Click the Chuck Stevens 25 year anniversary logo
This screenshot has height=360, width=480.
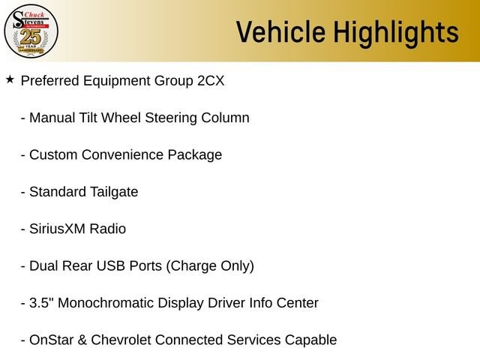(31, 31)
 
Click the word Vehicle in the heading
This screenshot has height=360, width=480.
(280, 31)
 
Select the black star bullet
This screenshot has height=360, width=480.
(10, 79)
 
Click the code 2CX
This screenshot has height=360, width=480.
(211, 81)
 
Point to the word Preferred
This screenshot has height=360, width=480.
(50, 81)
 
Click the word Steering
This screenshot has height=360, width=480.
(171, 118)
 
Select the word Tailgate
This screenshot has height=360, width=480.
(114, 193)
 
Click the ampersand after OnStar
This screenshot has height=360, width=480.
(82, 340)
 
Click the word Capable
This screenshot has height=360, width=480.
(310, 340)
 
